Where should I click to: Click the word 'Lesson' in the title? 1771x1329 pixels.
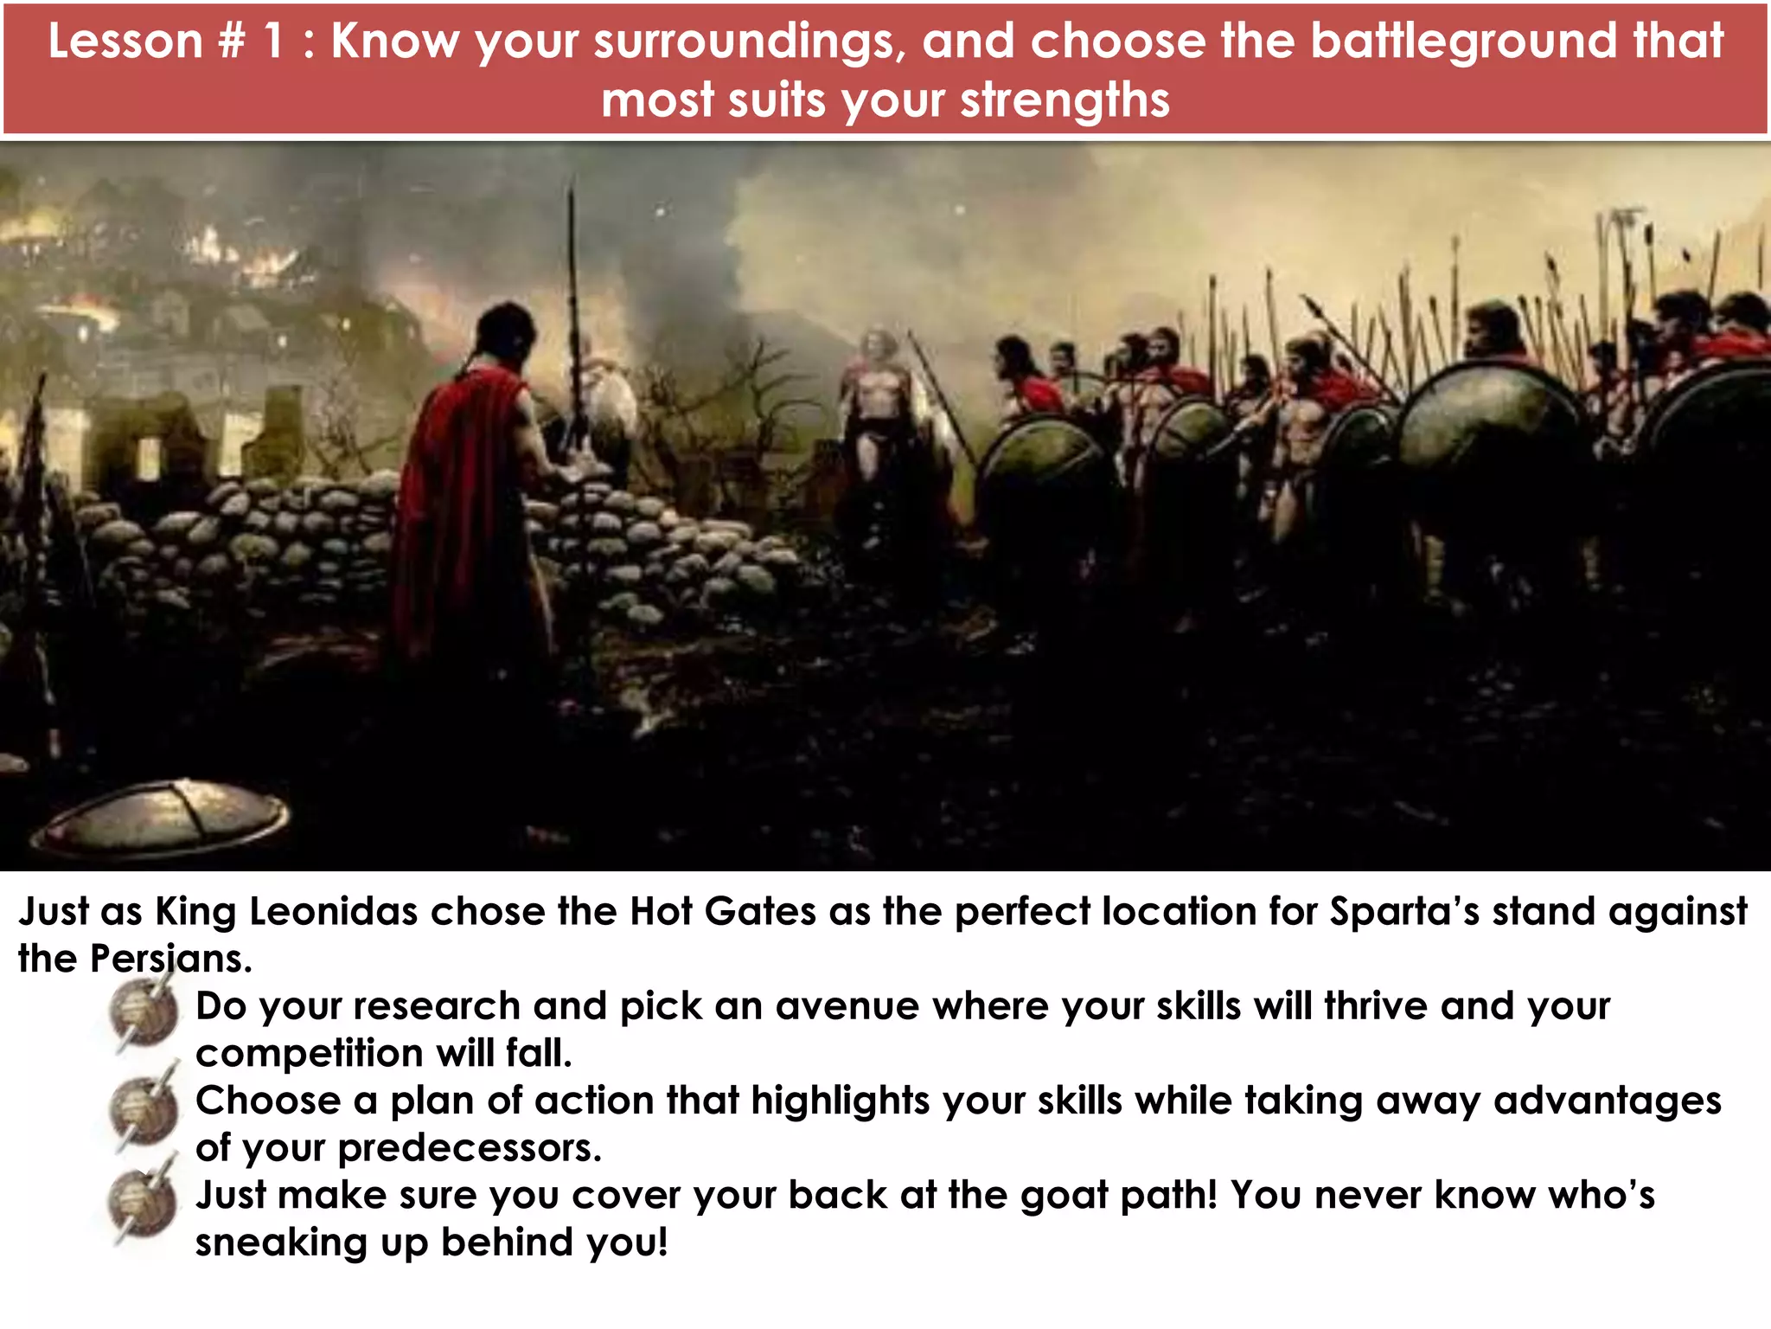coord(125,41)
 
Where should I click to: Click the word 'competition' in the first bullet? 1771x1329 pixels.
coord(310,1054)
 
